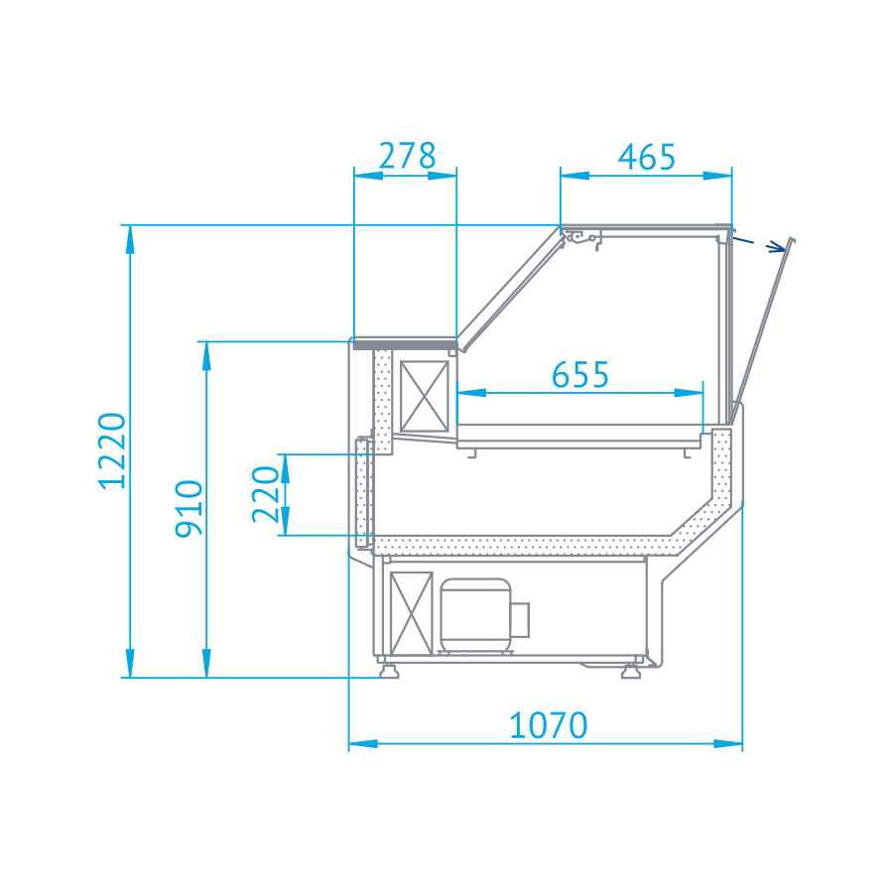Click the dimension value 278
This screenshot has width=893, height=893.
click(x=407, y=156)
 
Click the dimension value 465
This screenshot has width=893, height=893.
click(x=646, y=157)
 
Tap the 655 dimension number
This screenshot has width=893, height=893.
click(x=580, y=374)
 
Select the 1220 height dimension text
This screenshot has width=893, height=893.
click(x=111, y=450)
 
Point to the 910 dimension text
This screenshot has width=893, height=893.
click(x=189, y=509)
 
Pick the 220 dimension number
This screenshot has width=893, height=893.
click(x=265, y=494)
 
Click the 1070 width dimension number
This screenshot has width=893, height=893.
click(x=548, y=725)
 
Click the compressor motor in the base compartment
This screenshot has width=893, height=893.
click(x=484, y=616)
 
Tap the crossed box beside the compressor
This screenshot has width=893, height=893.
click(x=411, y=613)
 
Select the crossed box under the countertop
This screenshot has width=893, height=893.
click(x=425, y=396)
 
